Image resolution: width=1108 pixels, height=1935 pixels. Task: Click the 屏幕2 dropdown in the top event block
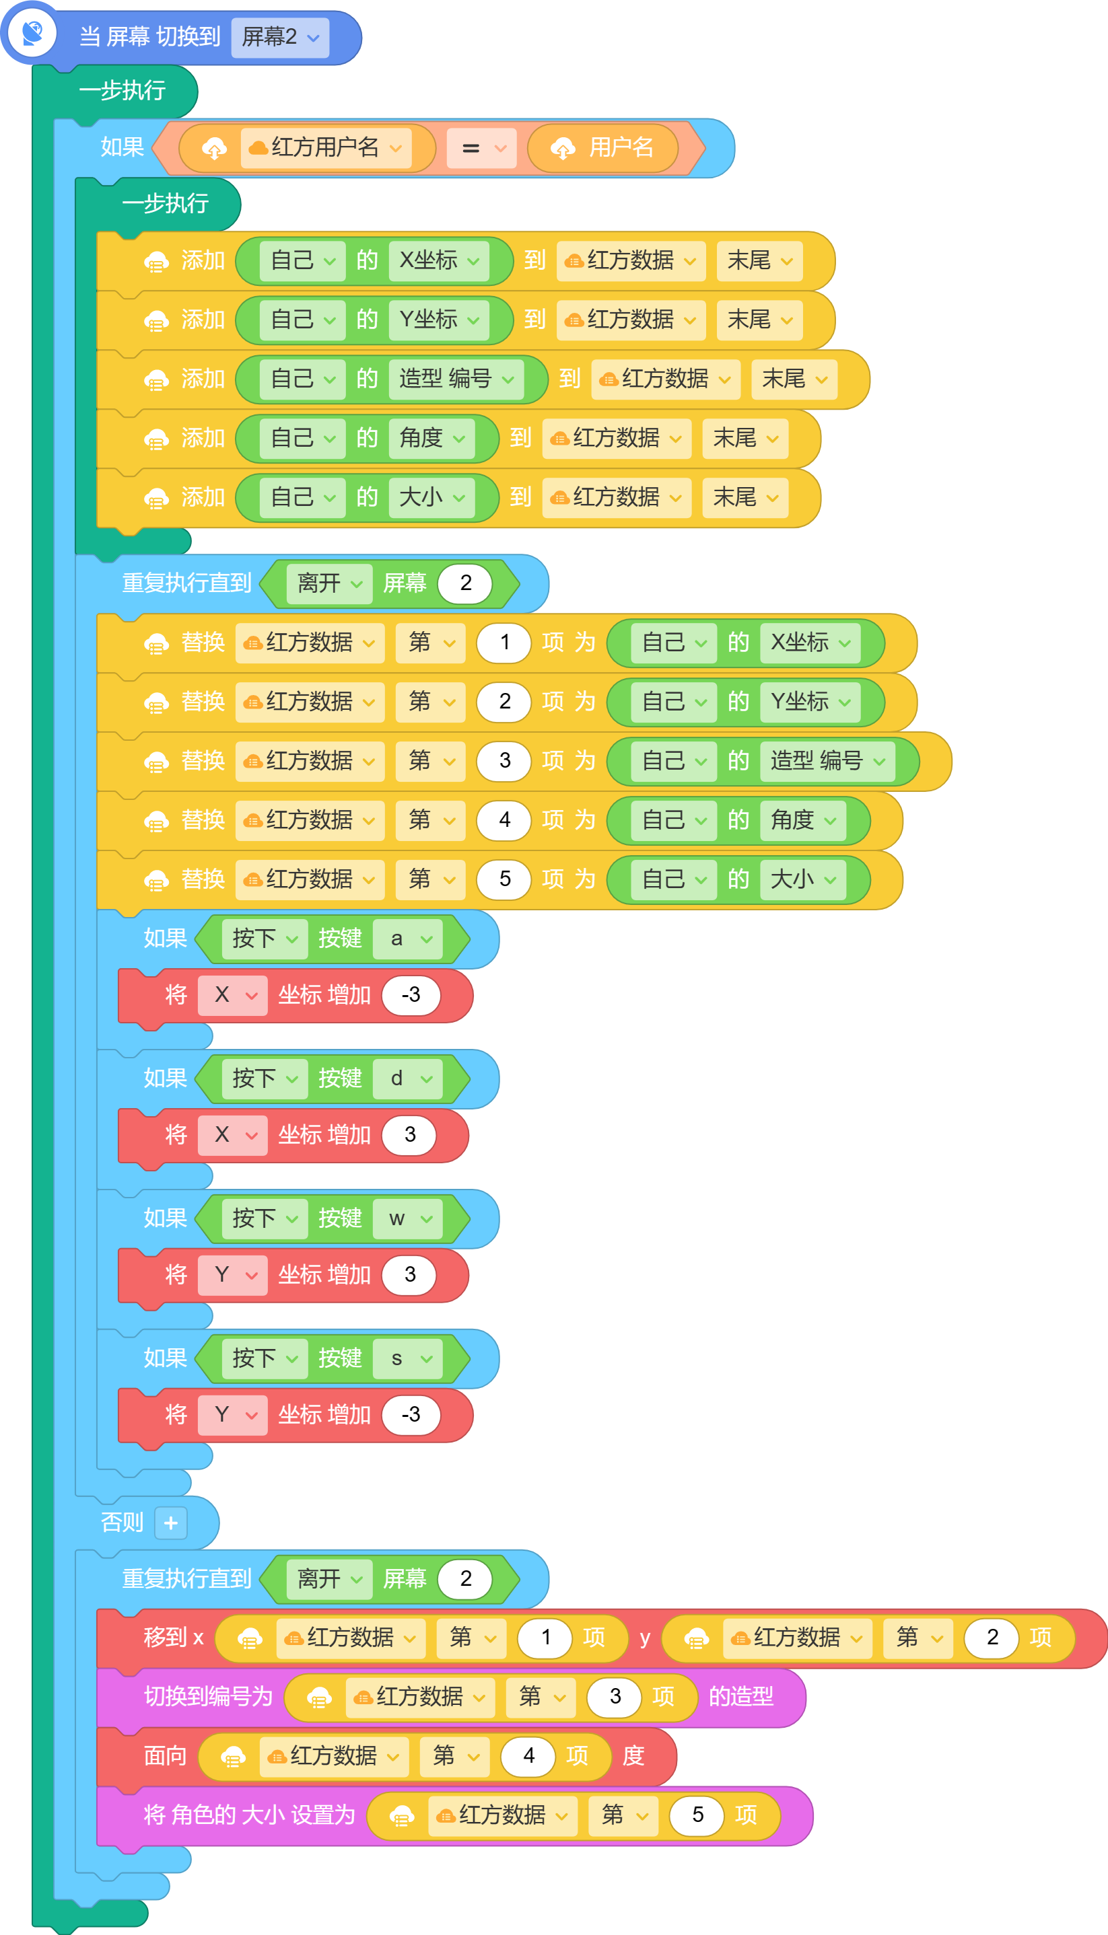[x=280, y=37]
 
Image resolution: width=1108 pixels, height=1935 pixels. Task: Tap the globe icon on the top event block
[x=32, y=34]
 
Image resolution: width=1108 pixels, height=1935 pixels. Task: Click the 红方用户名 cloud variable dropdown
[x=326, y=147]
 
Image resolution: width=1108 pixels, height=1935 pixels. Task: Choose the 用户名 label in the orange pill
[x=621, y=147]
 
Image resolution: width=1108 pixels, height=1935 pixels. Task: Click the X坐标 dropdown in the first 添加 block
[x=439, y=261]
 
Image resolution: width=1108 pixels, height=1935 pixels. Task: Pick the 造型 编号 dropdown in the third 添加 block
[x=456, y=379]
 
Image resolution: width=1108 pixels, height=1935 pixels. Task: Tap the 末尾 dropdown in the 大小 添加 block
[x=745, y=497]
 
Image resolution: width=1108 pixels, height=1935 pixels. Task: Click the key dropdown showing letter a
[x=407, y=939]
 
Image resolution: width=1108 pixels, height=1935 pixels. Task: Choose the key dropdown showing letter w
[x=407, y=1218]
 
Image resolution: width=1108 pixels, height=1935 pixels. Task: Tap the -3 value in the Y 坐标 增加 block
[x=411, y=1415]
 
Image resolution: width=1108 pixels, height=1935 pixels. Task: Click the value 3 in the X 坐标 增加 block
[x=409, y=1135]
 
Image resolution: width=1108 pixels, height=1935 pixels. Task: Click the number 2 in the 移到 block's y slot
[x=992, y=1638]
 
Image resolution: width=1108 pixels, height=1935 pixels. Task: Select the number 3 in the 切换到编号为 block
[x=615, y=1697]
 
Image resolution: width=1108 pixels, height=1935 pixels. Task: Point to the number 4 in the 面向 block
[x=528, y=1756]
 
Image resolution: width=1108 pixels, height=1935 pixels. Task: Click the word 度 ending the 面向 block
[x=633, y=1756]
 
